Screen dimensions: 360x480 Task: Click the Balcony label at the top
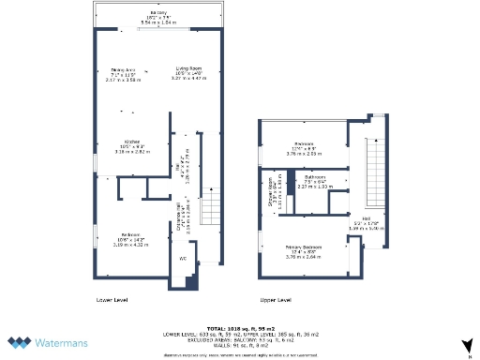pos(159,13)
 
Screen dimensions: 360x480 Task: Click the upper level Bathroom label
pos(315,177)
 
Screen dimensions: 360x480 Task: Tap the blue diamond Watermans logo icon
pos(22,343)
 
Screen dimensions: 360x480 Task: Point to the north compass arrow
pos(465,344)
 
